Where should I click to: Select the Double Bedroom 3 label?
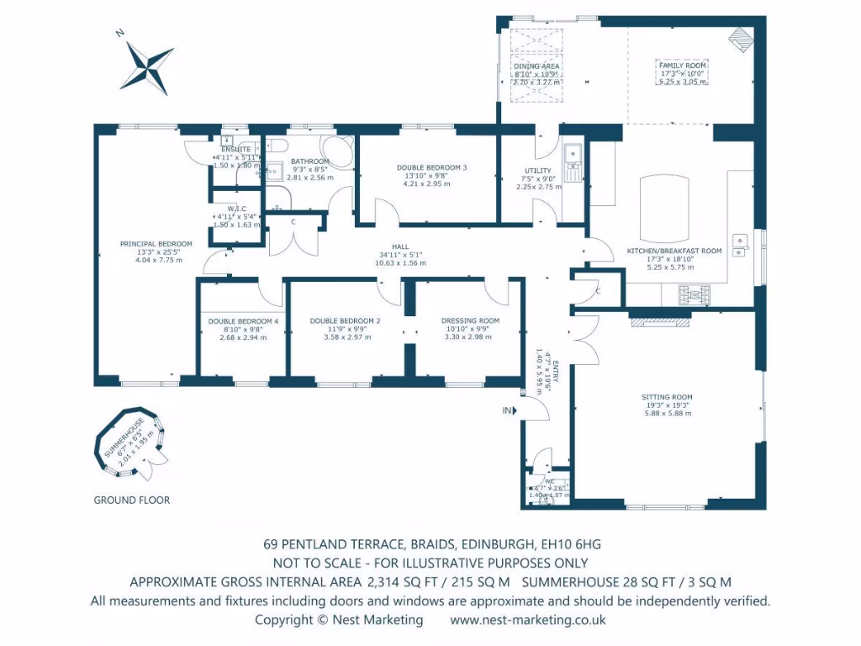point(431,167)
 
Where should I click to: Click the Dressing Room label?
point(470,320)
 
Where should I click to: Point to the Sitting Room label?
point(667,397)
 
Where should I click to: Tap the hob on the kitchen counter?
point(695,294)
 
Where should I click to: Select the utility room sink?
point(572,153)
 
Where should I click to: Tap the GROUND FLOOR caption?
point(131,500)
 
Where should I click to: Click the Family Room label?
point(682,66)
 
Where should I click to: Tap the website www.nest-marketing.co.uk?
point(528,620)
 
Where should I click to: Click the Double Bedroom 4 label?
point(243,321)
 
